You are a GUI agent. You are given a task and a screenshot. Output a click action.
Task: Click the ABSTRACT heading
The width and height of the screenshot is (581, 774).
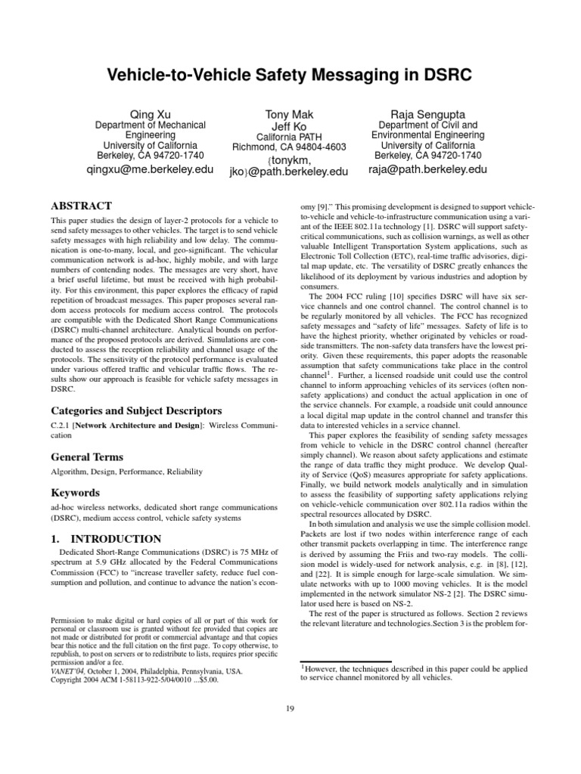(81, 206)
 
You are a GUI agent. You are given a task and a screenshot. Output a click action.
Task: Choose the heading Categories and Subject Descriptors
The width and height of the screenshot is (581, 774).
(135, 410)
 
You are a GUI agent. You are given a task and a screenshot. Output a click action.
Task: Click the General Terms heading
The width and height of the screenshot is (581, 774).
(86, 457)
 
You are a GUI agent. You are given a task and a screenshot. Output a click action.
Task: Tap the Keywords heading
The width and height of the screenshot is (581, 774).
(75, 493)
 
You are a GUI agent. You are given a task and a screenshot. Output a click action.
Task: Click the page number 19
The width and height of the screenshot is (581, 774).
(290, 707)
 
